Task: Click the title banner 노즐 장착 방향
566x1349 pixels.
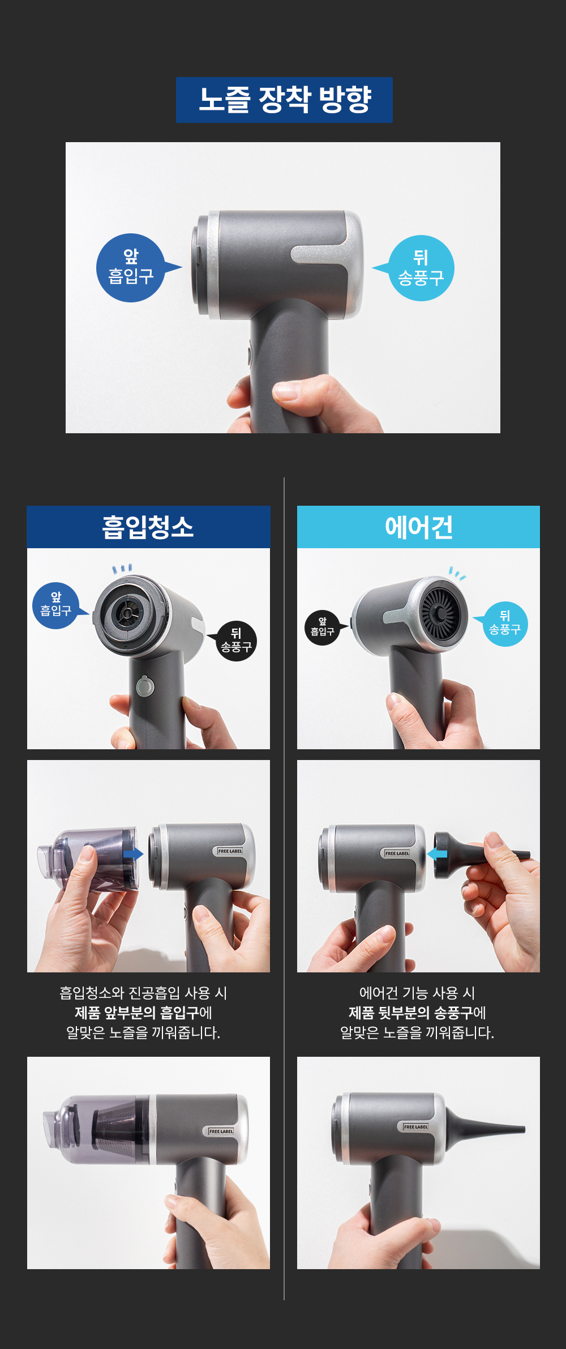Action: [284, 100]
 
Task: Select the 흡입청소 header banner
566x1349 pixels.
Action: [148, 527]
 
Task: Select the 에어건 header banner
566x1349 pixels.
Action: [418, 527]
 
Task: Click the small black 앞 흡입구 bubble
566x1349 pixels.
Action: [324, 627]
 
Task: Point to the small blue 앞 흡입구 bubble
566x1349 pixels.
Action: [57, 605]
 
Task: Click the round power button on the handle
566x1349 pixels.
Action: [145, 686]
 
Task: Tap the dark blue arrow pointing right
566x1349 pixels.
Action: [133, 854]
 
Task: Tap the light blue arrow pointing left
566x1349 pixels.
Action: [437, 854]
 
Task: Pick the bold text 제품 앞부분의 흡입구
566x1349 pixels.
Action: [136, 1013]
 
